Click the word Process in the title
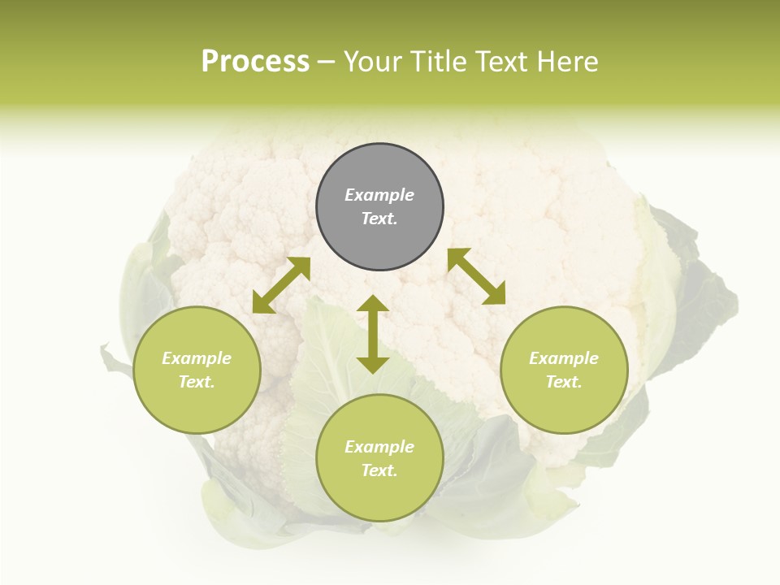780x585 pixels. tap(255, 62)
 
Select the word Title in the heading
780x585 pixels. tap(442, 62)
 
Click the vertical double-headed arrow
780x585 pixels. tap(373, 334)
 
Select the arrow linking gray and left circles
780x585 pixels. tap(281, 285)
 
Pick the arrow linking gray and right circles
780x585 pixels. tap(476, 276)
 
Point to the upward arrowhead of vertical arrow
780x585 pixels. tap(373, 305)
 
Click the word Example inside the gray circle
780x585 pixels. tap(379, 195)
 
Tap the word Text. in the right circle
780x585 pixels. tap(564, 382)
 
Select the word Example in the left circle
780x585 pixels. tap(197, 358)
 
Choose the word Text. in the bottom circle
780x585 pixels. tap(379, 470)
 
